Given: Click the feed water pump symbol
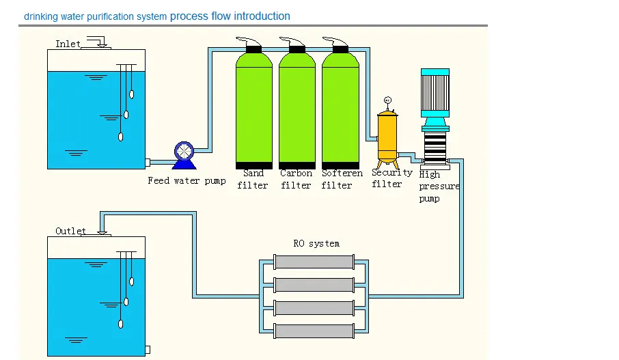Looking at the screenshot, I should [x=184, y=154].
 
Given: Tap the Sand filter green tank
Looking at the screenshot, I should [x=253, y=109].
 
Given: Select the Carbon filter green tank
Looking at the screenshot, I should [x=297, y=109].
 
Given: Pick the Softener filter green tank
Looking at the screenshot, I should [x=340, y=109].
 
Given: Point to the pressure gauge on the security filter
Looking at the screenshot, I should [x=387, y=101].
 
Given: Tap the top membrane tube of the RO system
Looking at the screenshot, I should [x=314, y=262].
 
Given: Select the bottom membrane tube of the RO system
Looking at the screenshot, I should [x=314, y=331].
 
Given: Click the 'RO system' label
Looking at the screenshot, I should [x=316, y=243].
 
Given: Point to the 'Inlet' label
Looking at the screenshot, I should [x=68, y=44].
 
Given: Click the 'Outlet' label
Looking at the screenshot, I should [x=71, y=231].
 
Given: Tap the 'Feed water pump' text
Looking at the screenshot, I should [x=187, y=181].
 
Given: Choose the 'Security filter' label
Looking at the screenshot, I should [x=391, y=178].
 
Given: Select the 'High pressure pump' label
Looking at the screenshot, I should [x=438, y=186].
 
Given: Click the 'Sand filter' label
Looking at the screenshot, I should [x=253, y=180].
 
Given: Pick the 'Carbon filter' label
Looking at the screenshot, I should [x=296, y=180].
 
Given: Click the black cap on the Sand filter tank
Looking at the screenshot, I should [x=253, y=49].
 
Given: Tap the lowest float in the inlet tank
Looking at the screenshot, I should [x=120, y=137].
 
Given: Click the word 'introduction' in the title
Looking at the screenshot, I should [x=260, y=16].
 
